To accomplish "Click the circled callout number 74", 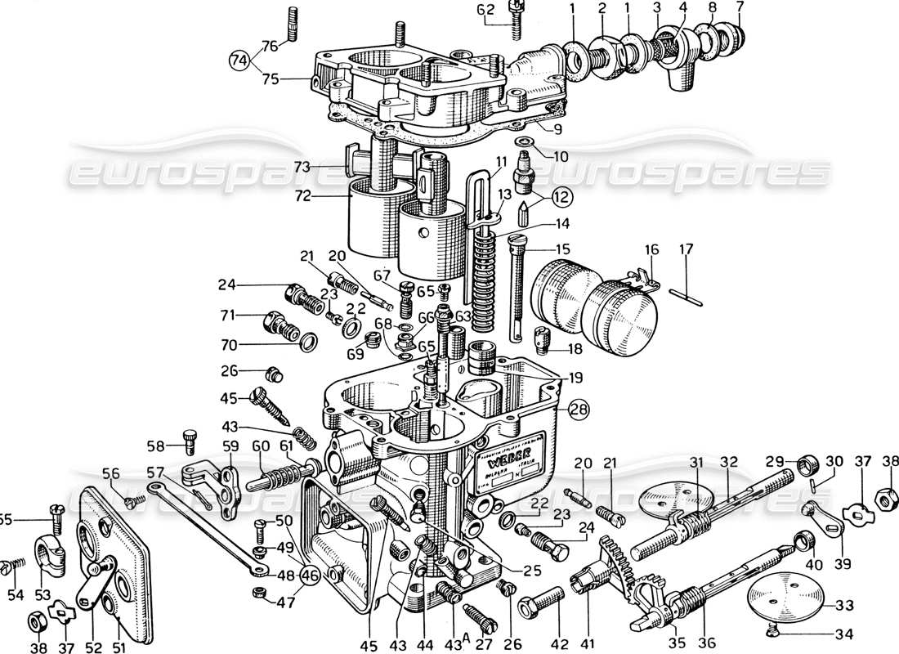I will (239, 60).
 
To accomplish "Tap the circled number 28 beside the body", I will (579, 409).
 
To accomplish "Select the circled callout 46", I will (310, 576).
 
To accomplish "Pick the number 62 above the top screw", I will (485, 11).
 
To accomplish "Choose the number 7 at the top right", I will (740, 9).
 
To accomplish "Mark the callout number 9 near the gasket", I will (557, 128).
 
